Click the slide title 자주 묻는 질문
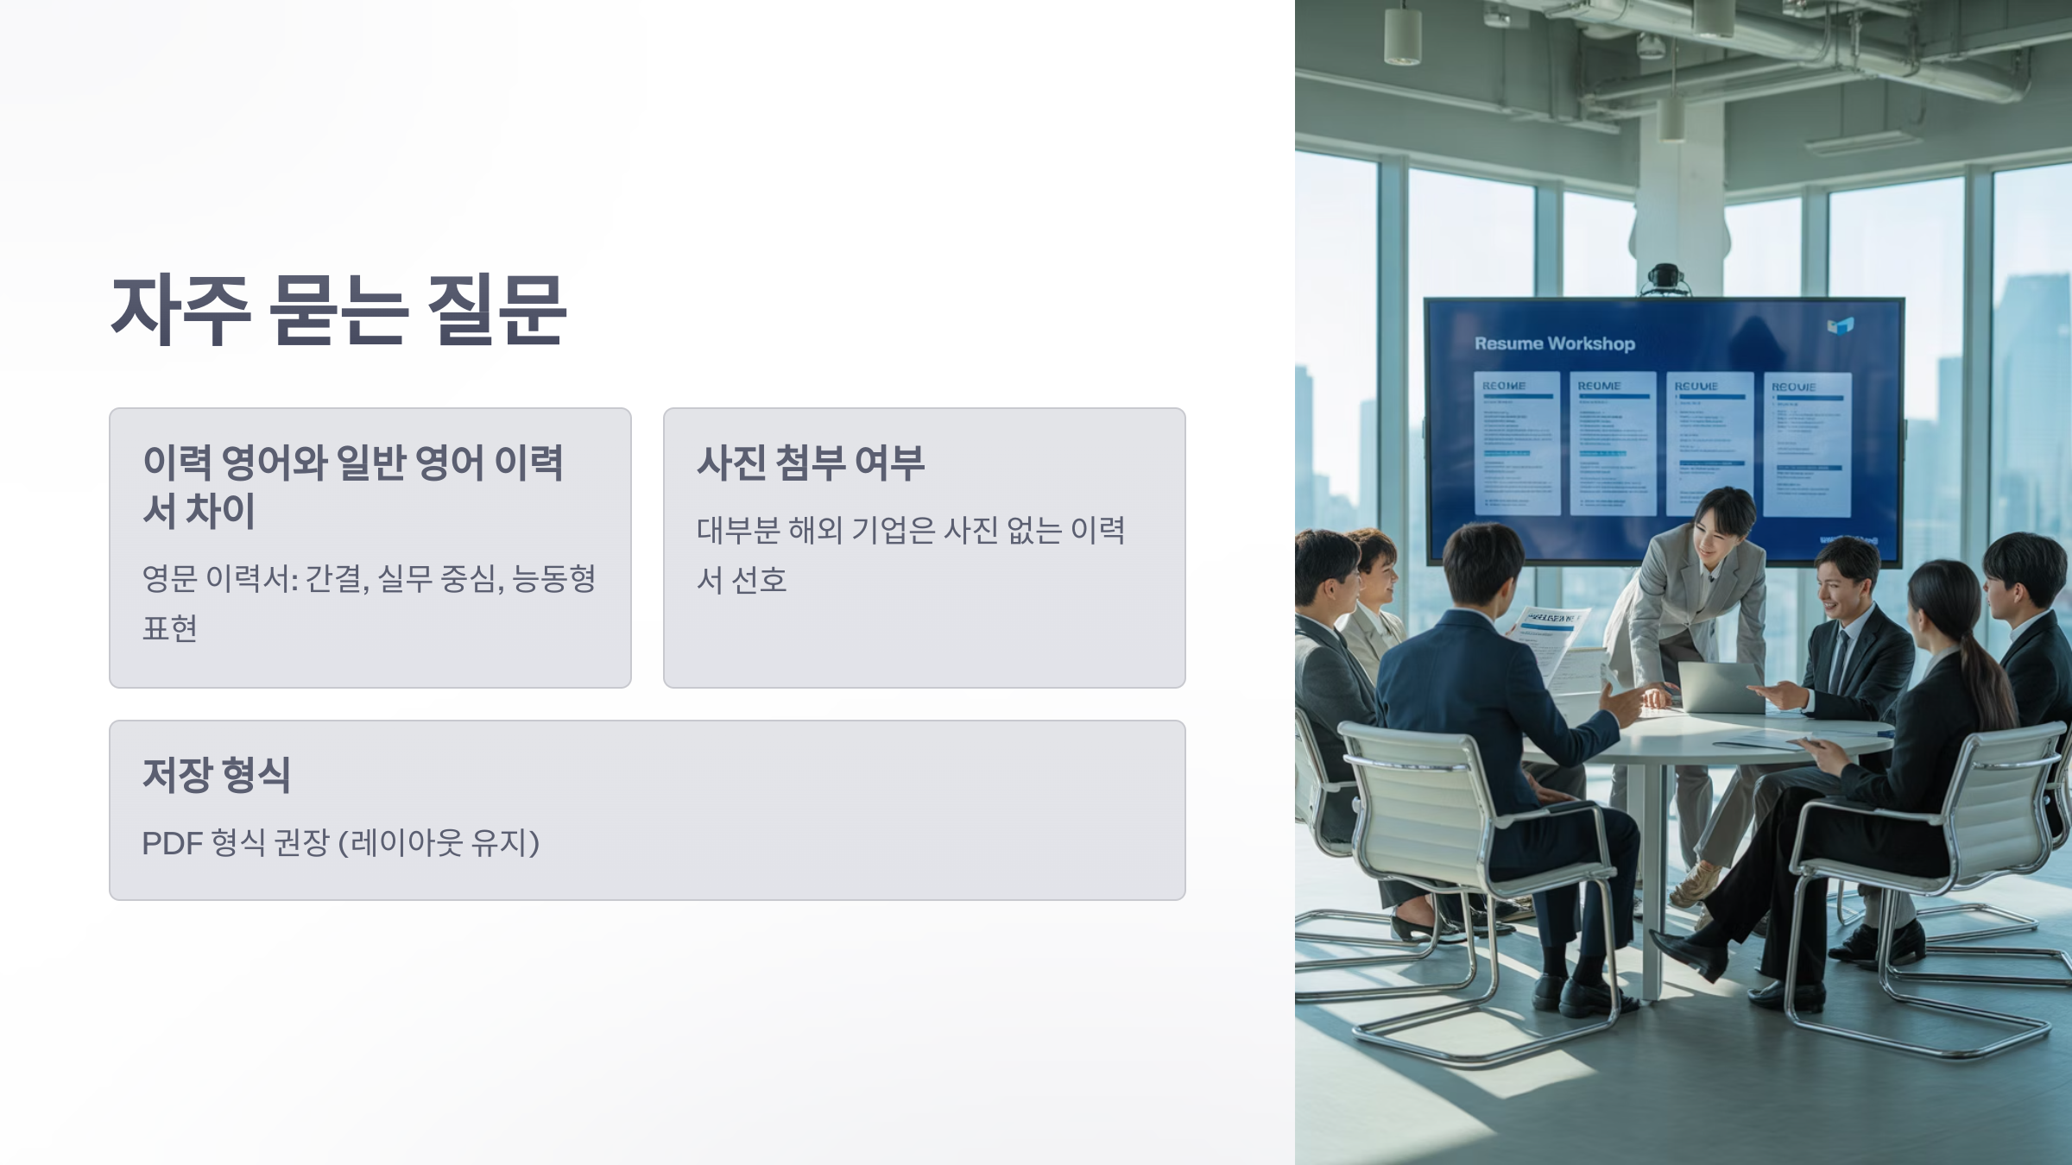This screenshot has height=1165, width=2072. [338, 311]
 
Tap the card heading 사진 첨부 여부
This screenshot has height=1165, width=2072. [810, 463]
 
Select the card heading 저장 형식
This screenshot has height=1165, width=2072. [216, 774]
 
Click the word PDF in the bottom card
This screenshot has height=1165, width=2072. [171, 843]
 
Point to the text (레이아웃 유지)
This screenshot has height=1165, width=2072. [439, 843]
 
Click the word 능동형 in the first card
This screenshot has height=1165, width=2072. [553, 578]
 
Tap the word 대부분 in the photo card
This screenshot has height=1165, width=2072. [738, 530]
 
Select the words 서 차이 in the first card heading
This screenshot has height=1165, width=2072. [199, 510]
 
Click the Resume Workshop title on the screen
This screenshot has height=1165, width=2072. [1554, 343]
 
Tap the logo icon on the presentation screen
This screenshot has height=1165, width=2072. [1840, 326]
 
